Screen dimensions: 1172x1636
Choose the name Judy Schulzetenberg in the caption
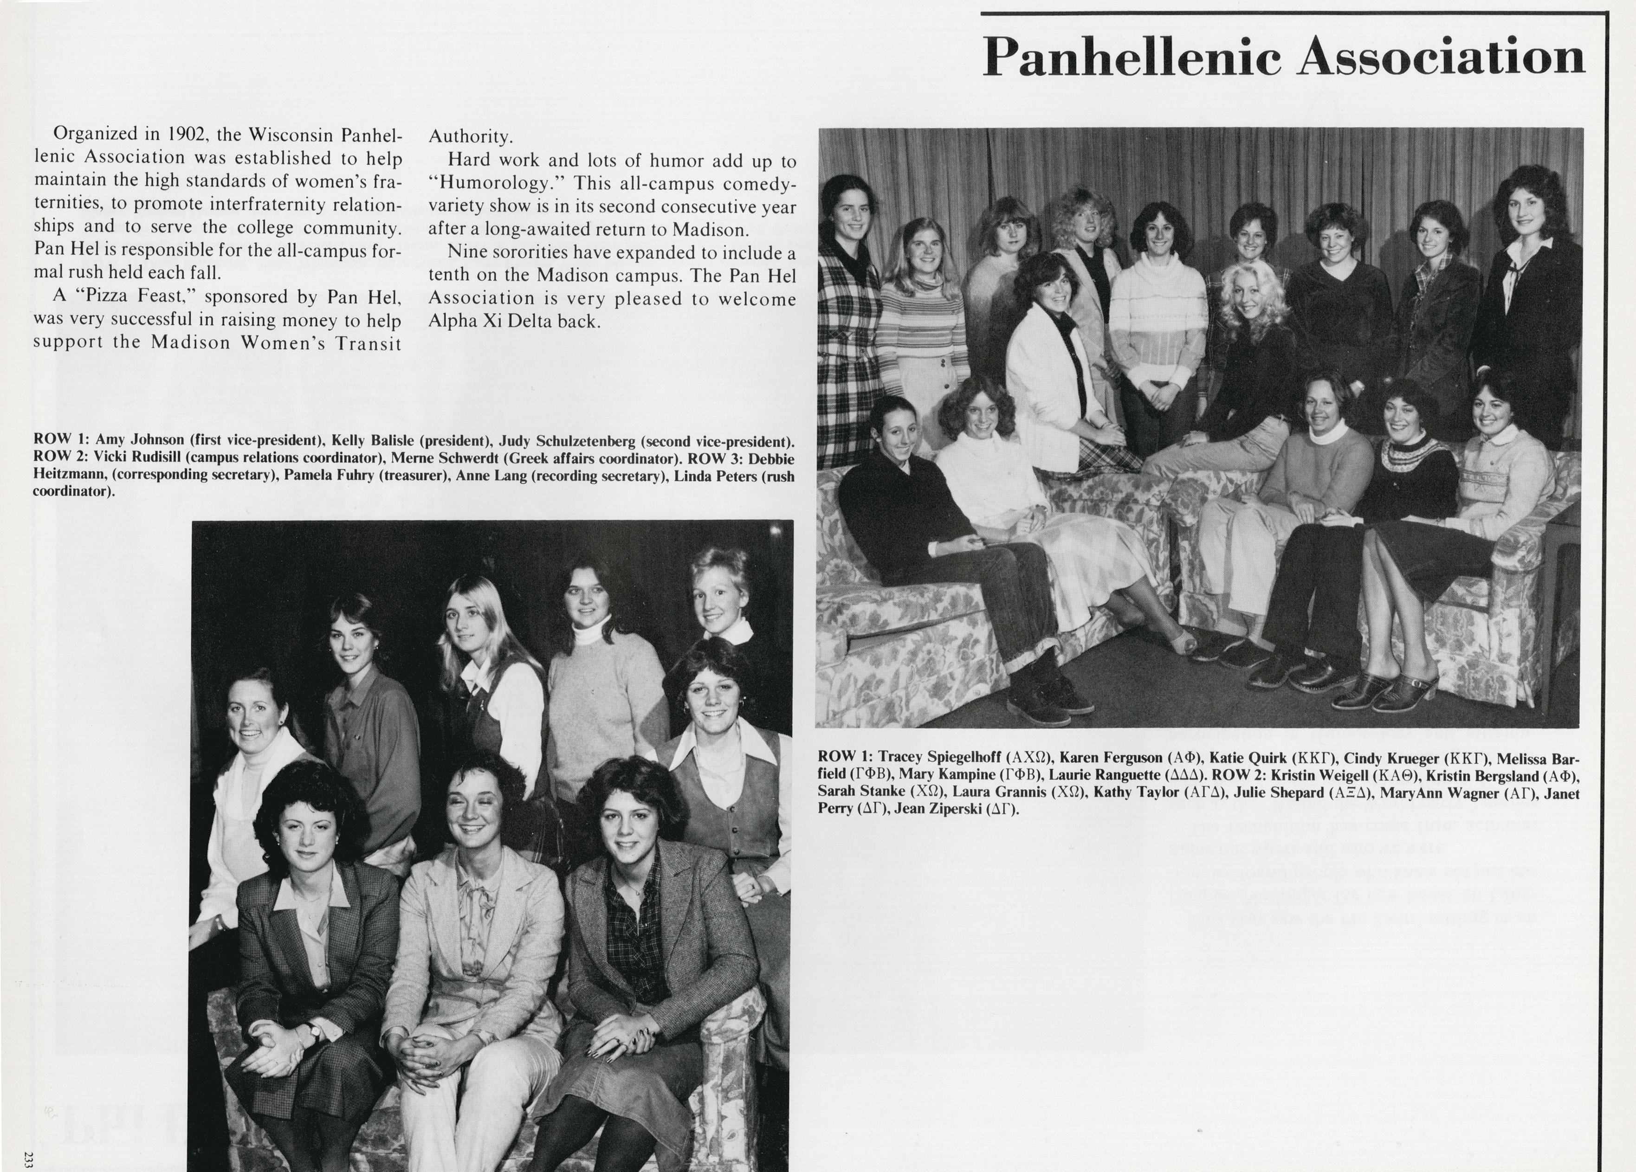[569, 440]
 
